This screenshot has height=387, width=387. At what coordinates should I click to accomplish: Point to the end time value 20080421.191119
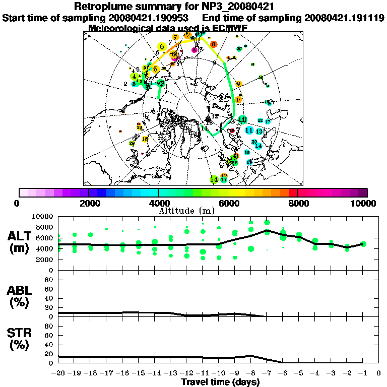coord(344,18)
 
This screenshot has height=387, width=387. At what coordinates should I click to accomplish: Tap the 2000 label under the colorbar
coord(88,204)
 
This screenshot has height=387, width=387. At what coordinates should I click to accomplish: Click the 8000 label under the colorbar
coord(298,204)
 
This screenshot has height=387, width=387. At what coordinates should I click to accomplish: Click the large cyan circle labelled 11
coord(249,130)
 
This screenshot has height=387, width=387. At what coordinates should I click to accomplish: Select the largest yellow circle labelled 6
coord(162,47)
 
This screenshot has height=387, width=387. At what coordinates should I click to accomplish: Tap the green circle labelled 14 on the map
coord(214,179)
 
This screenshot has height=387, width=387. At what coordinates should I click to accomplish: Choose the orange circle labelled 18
coord(145,139)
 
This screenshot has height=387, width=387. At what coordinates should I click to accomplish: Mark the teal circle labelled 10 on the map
coord(242,119)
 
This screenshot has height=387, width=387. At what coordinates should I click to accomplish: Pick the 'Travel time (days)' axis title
coord(220,382)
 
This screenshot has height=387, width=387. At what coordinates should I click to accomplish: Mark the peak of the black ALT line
coord(267,231)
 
